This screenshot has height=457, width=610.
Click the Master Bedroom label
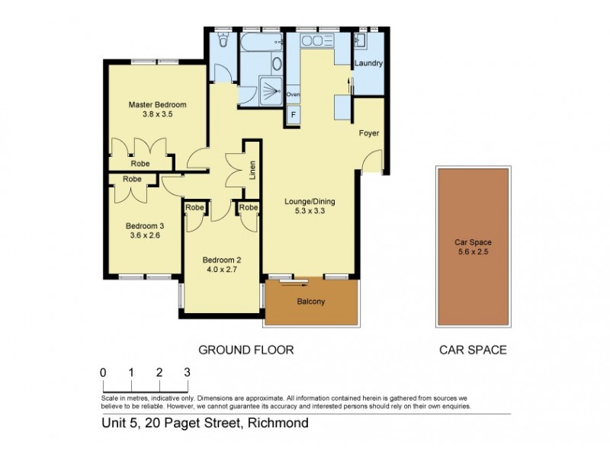click(x=157, y=104)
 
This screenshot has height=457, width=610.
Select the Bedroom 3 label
click(x=145, y=225)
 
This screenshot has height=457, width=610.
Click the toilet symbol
click(x=222, y=40)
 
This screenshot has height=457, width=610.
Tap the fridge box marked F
click(x=293, y=116)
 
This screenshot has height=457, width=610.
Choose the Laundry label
click(x=368, y=64)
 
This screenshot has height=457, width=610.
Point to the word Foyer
click(x=369, y=134)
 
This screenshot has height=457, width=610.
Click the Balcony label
click(x=310, y=302)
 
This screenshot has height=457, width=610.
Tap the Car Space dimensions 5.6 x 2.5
click(x=472, y=253)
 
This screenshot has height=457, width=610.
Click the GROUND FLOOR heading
click(x=246, y=350)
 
